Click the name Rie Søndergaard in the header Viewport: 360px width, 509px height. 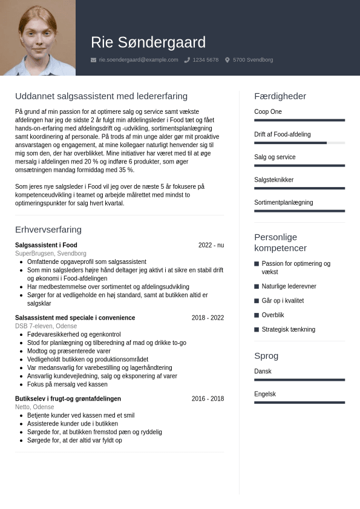[148, 42]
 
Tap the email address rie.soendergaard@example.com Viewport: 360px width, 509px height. [139, 60]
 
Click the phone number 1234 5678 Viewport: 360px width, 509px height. [205, 60]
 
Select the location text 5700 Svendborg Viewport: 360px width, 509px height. [252, 60]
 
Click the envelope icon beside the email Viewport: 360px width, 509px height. [93, 60]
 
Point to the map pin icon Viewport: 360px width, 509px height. [227, 60]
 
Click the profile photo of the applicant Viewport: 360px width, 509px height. [38, 38]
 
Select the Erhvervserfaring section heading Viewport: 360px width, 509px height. [48, 229]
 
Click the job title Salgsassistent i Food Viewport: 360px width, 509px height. [46, 245]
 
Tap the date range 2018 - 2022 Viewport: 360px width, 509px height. [208, 318]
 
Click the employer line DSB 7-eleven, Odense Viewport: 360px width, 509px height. [46, 326]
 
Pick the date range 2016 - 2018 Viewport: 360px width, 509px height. [208, 399]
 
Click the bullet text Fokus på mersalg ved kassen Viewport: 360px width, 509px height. [67, 384]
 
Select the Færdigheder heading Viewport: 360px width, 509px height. [280, 96]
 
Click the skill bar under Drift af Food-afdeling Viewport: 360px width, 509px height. [299, 143]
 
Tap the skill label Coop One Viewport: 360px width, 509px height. [268, 112]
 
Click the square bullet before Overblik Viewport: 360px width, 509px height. [257, 315]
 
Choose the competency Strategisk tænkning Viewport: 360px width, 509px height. [288, 330]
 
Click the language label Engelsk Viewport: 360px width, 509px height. [265, 394]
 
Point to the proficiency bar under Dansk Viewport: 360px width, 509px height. [299, 380]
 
